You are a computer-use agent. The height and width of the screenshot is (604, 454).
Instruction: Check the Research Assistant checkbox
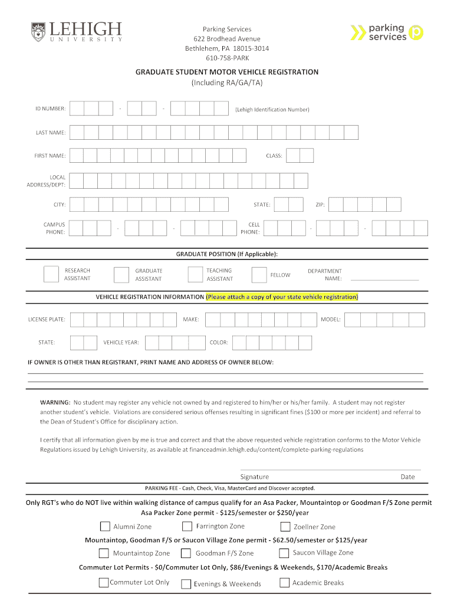click(x=51, y=274)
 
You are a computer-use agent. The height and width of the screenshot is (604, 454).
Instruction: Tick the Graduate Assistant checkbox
click(x=121, y=275)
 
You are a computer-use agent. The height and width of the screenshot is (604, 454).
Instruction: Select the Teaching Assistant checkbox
click(x=195, y=274)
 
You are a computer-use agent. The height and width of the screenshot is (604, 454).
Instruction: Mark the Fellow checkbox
click(x=259, y=275)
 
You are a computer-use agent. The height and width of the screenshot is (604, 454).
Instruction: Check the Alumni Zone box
click(x=105, y=526)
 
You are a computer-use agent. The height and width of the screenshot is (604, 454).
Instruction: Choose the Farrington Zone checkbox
click(x=187, y=526)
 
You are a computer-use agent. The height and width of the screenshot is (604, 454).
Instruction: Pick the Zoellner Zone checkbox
click(x=285, y=527)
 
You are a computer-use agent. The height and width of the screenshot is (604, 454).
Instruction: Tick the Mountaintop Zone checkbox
click(x=104, y=553)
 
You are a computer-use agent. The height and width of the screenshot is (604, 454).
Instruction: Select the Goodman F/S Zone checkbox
click(x=186, y=553)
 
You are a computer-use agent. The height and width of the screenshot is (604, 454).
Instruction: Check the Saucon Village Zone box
click(x=284, y=553)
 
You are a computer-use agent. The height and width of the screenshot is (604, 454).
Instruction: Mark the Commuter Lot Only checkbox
click(x=104, y=583)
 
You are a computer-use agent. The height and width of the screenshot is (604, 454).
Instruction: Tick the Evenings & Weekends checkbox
click(x=186, y=584)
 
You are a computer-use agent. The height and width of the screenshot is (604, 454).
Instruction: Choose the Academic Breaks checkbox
click(x=284, y=583)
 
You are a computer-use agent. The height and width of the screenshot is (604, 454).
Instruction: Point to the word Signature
click(x=255, y=477)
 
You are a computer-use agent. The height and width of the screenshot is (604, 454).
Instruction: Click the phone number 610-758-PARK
click(x=227, y=58)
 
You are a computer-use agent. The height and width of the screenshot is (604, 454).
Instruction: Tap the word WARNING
click(x=55, y=402)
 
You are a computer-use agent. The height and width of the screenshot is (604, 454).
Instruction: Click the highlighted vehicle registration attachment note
click(x=282, y=297)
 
